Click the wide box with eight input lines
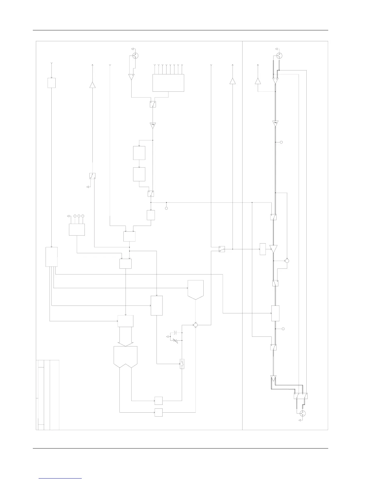pyautogui.click(x=168, y=83)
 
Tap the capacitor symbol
pyautogui.click(x=174, y=333)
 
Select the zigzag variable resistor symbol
pyautogui.click(x=175, y=341)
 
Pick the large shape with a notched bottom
pyautogui.click(x=126, y=357)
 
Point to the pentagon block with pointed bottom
pyautogui.click(x=195, y=290)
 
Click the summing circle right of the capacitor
pyautogui.click(x=195, y=325)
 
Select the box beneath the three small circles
pyautogui.click(x=77, y=230)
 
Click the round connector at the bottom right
pyautogui.click(x=302, y=413)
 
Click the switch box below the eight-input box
pyautogui.click(x=153, y=104)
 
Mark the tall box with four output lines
pyautogui.click(x=51, y=257)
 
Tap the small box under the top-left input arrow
pyautogui.click(x=51, y=83)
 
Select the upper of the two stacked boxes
pyautogui.click(x=139, y=153)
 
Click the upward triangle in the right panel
pyautogui.click(x=258, y=81)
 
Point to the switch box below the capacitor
pyautogui.click(x=182, y=364)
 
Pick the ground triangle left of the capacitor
pyautogui.click(x=167, y=337)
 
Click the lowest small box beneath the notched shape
pyautogui.click(x=158, y=413)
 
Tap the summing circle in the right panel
pyautogui.click(x=287, y=261)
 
